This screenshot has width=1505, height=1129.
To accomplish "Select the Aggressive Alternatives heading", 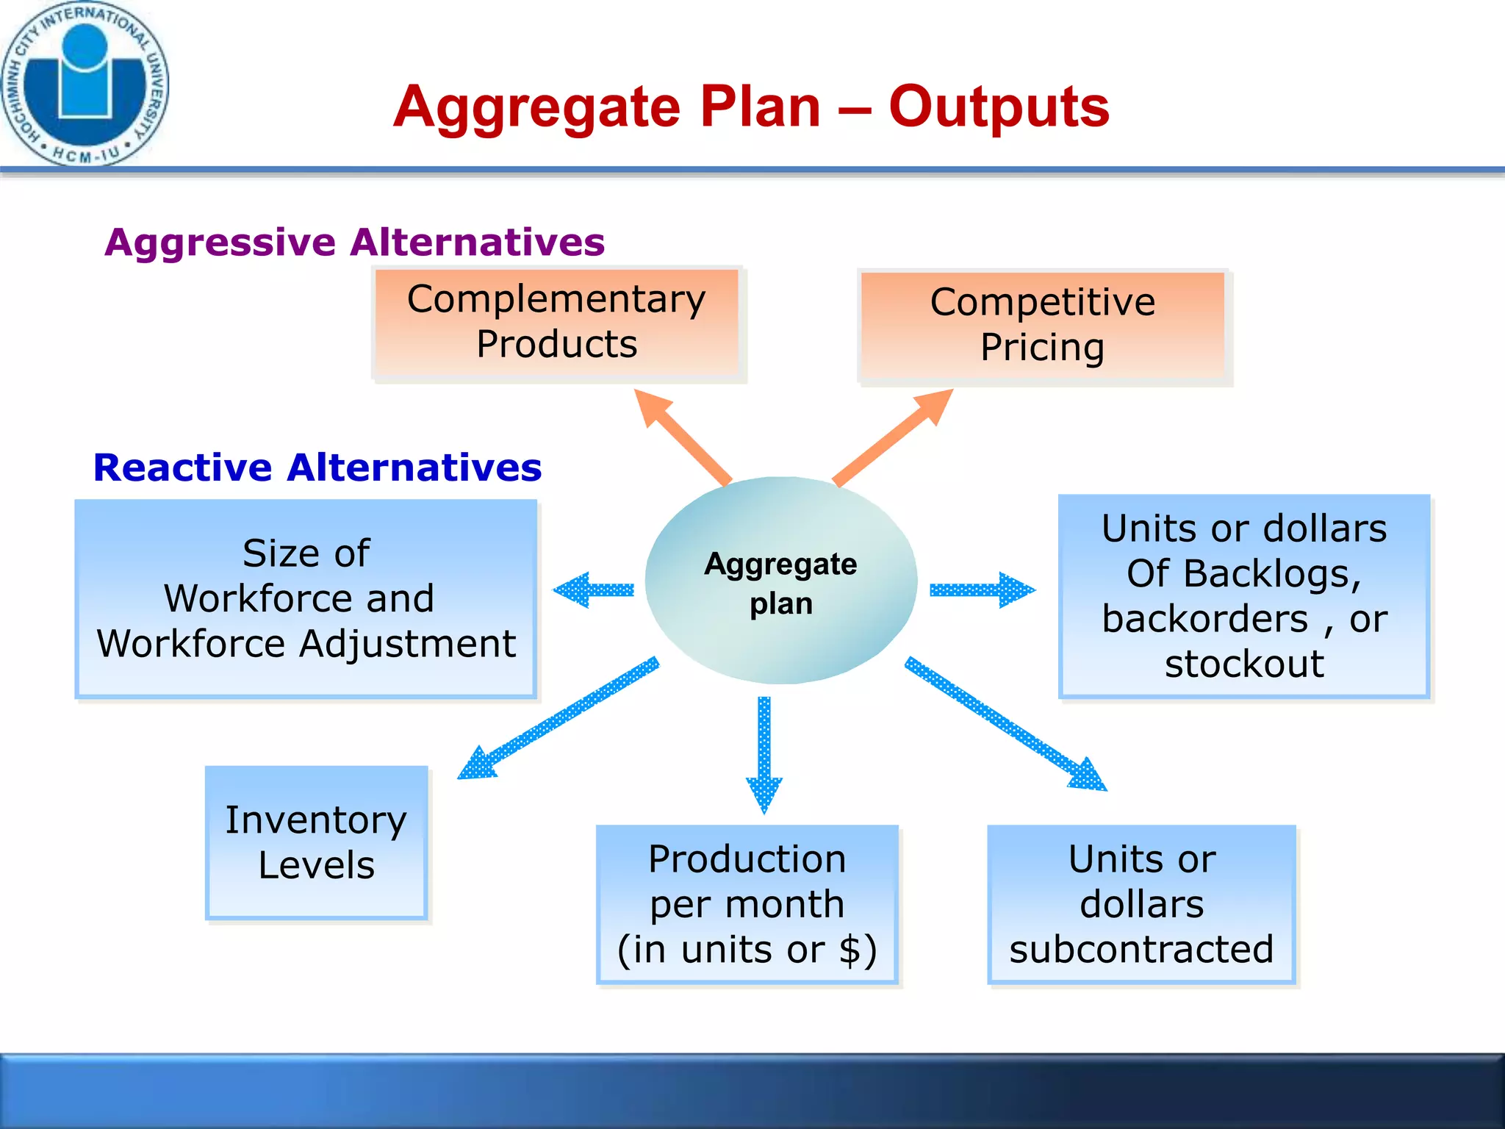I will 354,243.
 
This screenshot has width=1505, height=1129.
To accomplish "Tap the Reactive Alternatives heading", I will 317,467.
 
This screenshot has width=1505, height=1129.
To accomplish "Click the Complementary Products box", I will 557,323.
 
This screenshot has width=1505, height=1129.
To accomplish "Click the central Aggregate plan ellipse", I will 780,581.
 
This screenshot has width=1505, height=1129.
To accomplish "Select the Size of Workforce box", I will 306,598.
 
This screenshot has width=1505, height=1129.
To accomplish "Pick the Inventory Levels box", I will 316,842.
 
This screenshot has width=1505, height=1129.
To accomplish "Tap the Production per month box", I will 747,904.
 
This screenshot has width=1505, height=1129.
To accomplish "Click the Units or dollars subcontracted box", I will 1141,904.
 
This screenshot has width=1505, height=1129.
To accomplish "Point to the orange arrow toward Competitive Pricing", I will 894,437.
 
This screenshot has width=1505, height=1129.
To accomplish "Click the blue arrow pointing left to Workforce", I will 594,589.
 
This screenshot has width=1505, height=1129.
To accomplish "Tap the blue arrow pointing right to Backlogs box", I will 982,590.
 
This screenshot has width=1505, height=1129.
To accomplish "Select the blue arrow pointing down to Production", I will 764,753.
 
